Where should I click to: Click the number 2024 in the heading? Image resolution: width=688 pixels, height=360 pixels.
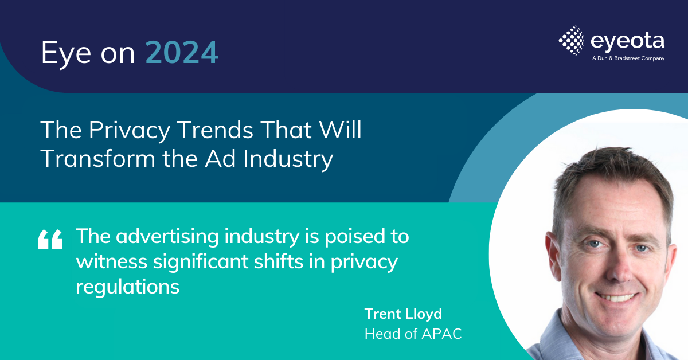pos(182,53)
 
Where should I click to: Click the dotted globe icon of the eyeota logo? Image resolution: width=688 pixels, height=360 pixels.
pos(572,41)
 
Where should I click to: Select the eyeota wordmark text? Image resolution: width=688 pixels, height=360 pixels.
pos(627,41)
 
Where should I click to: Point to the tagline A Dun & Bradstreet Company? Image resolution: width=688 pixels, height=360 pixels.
pos(628,58)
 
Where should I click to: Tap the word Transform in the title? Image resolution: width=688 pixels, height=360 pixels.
pos(97,159)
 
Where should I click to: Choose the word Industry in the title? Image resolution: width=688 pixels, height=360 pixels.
pos(288,160)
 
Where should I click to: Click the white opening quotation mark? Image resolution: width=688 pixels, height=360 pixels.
pos(50,239)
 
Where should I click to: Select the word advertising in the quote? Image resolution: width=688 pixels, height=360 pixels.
pos(167,237)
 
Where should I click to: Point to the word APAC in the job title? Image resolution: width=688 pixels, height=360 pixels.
pos(441,334)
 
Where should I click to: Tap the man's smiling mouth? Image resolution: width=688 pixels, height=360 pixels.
pos(615,298)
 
